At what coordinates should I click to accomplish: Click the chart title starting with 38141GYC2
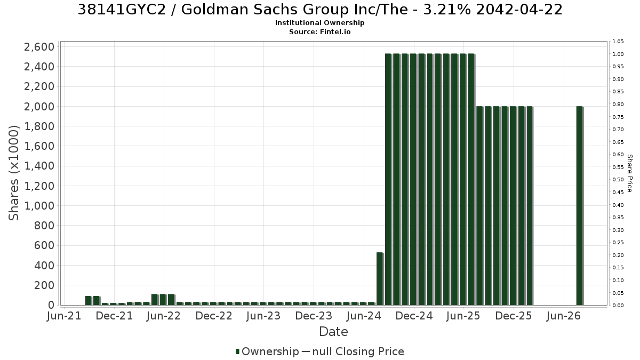(x=320, y=10)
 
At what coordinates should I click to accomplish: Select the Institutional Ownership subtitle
(x=319, y=23)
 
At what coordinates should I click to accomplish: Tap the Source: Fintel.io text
(x=319, y=31)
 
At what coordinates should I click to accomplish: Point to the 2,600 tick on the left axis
(x=39, y=47)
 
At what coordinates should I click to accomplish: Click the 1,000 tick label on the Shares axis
(x=39, y=206)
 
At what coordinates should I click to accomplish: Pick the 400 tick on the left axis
(x=44, y=266)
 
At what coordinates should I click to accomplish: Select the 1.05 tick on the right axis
(x=618, y=42)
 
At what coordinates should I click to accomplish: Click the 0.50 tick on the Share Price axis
(x=618, y=180)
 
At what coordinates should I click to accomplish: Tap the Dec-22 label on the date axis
(x=214, y=316)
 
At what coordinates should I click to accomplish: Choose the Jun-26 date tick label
(x=563, y=316)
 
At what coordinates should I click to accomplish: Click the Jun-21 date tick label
(x=64, y=316)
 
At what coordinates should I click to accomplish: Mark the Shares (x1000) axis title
(x=13, y=173)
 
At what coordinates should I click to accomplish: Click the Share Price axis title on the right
(x=630, y=173)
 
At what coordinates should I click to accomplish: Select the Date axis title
(x=333, y=332)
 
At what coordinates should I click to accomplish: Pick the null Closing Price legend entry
(x=353, y=351)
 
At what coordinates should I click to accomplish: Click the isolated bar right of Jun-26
(x=580, y=206)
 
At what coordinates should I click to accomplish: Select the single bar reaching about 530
(x=380, y=279)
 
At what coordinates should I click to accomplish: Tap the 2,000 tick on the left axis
(x=39, y=107)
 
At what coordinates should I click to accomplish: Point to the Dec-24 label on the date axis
(x=414, y=316)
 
